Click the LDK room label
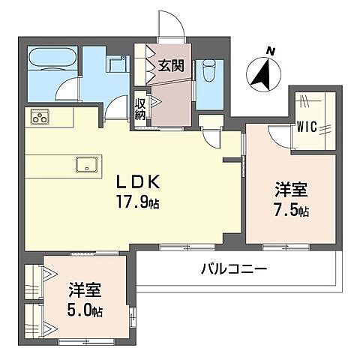coord(137,181)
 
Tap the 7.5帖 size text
coord(291,211)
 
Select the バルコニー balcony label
coord(234,269)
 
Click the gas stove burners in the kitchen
coord(40,118)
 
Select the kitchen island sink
coord(87,164)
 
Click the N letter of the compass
coord(270,51)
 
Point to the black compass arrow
coord(262,73)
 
